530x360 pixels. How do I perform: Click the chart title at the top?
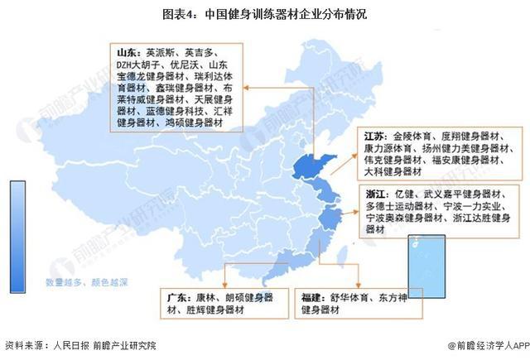coord(264,15)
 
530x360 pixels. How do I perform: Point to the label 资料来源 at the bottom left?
coord(22,345)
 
